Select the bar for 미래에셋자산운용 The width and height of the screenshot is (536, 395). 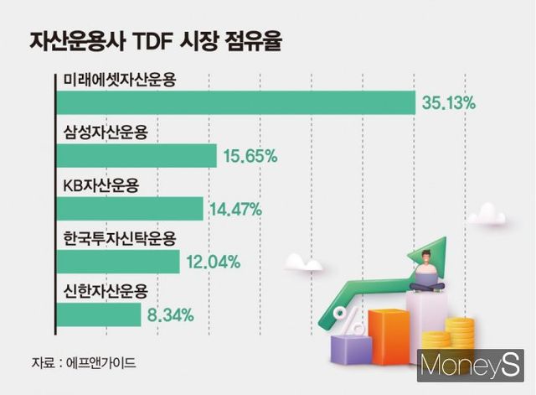(235, 103)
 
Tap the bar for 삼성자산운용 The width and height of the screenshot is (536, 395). (137, 156)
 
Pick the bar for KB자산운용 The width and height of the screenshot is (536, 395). (130, 209)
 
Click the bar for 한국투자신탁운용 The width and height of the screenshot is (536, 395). (118, 262)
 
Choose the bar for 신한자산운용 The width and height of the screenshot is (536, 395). (99, 314)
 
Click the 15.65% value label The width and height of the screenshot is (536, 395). (250, 156)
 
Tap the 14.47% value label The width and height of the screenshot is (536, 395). (236, 209)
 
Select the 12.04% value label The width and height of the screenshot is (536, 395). (213, 262)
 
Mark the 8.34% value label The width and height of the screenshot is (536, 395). (170, 315)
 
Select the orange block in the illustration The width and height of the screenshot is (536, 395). (387, 336)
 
